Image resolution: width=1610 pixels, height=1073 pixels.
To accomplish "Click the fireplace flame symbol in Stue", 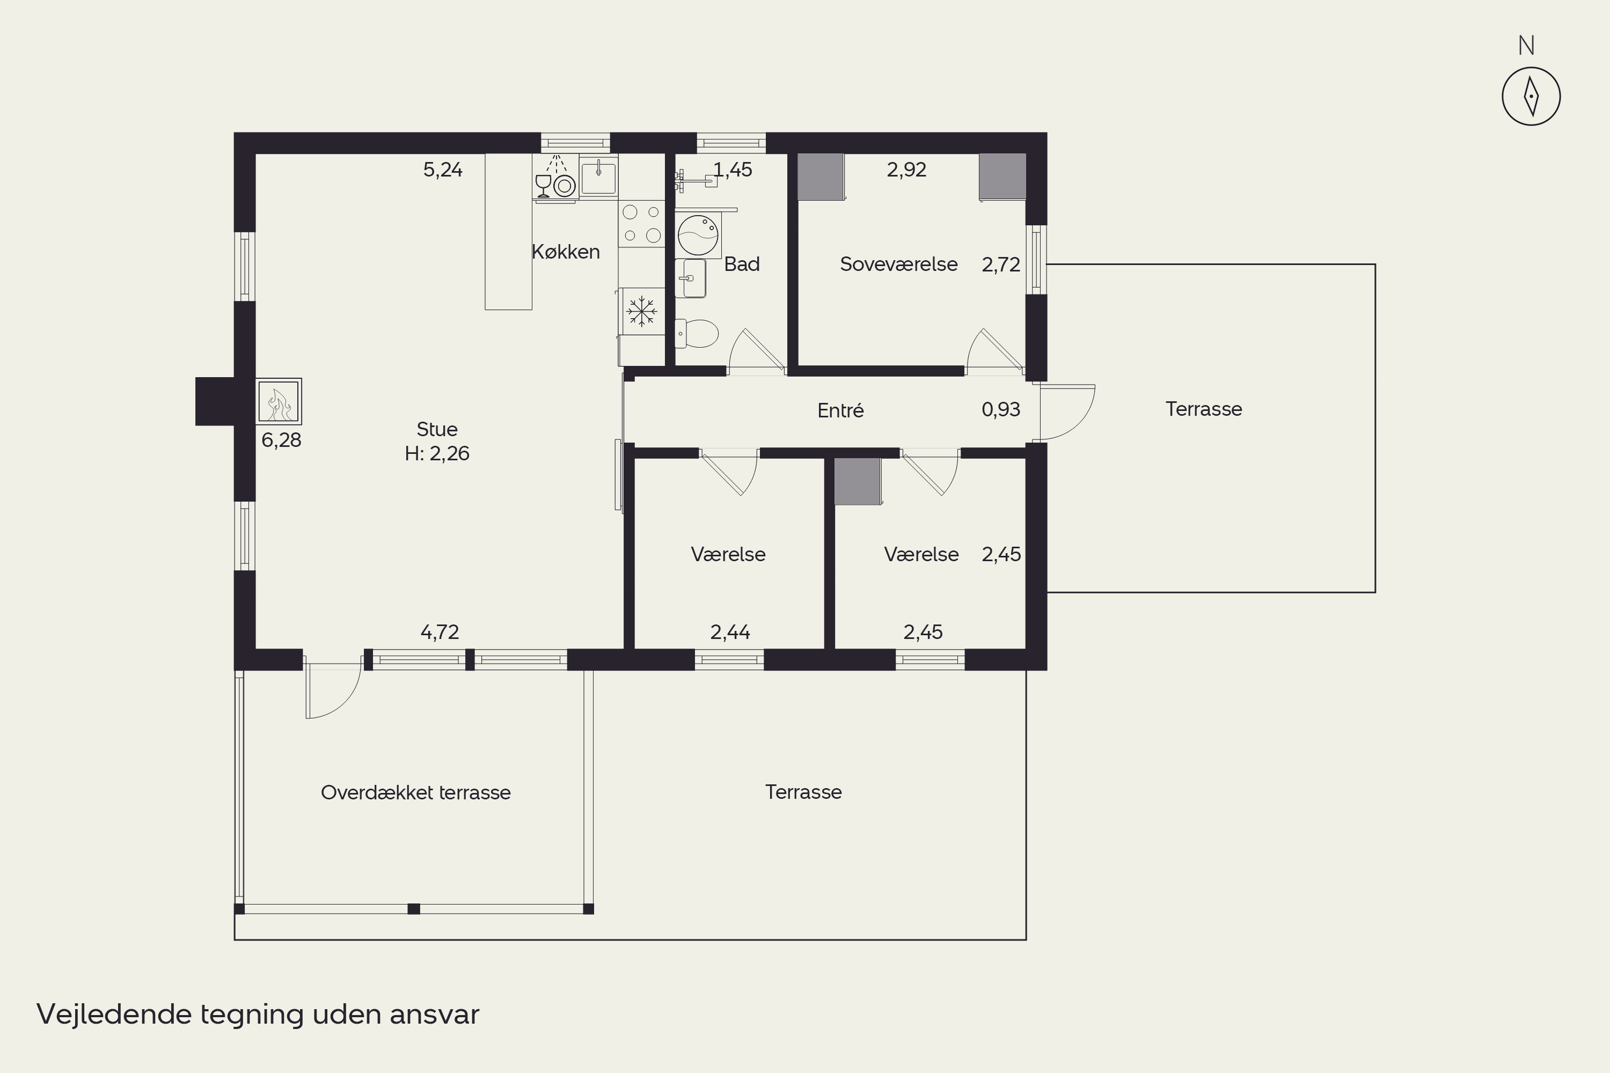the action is (x=279, y=402).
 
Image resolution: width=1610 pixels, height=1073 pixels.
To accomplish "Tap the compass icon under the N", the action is (x=1531, y=97).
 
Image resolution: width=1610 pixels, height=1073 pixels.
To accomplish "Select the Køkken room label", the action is (x=566, y=252).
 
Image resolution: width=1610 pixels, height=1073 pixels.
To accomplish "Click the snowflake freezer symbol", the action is (x=641, y=311).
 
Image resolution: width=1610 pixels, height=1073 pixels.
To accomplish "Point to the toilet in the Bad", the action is (x=696, y=334).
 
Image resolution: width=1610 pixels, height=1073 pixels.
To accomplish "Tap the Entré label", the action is (x=840, y=410).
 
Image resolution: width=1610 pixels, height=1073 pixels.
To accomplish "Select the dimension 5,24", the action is (x=443, y=170).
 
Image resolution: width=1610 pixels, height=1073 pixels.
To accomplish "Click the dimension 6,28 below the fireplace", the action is (x=281, y=440).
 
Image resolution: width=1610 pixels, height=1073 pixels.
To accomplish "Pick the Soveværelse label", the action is (x=899, y=264).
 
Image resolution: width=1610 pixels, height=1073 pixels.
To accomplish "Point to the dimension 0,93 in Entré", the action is (x=1001, y=409).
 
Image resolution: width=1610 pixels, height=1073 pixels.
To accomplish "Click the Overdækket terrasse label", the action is (x=415, y=792).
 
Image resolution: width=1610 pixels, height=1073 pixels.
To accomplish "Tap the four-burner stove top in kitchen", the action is (x=641, y=224).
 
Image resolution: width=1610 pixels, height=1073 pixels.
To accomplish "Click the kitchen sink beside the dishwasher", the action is (x=599, y=177).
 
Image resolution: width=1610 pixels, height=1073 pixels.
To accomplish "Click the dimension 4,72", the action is (x=440, y=631).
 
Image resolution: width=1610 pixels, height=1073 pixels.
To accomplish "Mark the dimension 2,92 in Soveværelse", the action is (x=906, y=170).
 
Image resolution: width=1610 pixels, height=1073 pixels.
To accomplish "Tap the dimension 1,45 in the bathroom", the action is (x=733, y=170).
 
